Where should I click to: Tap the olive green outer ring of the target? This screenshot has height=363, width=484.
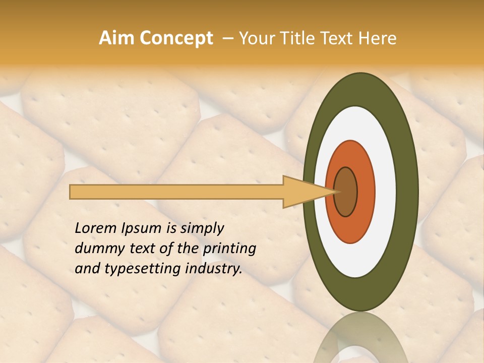click(407, 192)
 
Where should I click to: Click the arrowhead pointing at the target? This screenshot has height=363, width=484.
click(302, 192)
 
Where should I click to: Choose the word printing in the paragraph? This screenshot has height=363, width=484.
click(229, 249)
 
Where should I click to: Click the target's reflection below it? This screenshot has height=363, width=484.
click(360, 338)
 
